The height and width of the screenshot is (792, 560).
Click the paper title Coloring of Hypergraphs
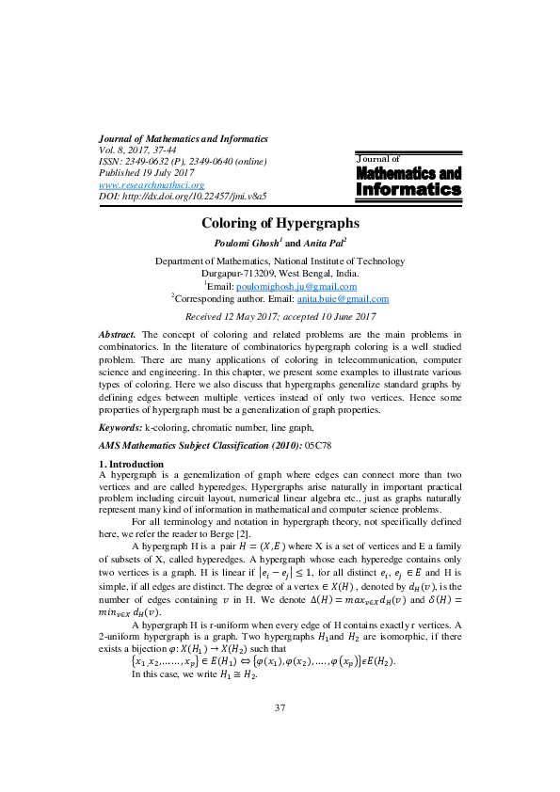point(280,224)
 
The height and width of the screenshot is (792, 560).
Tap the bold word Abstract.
point(117,335)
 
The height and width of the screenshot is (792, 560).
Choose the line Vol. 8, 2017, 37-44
point(136,150)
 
